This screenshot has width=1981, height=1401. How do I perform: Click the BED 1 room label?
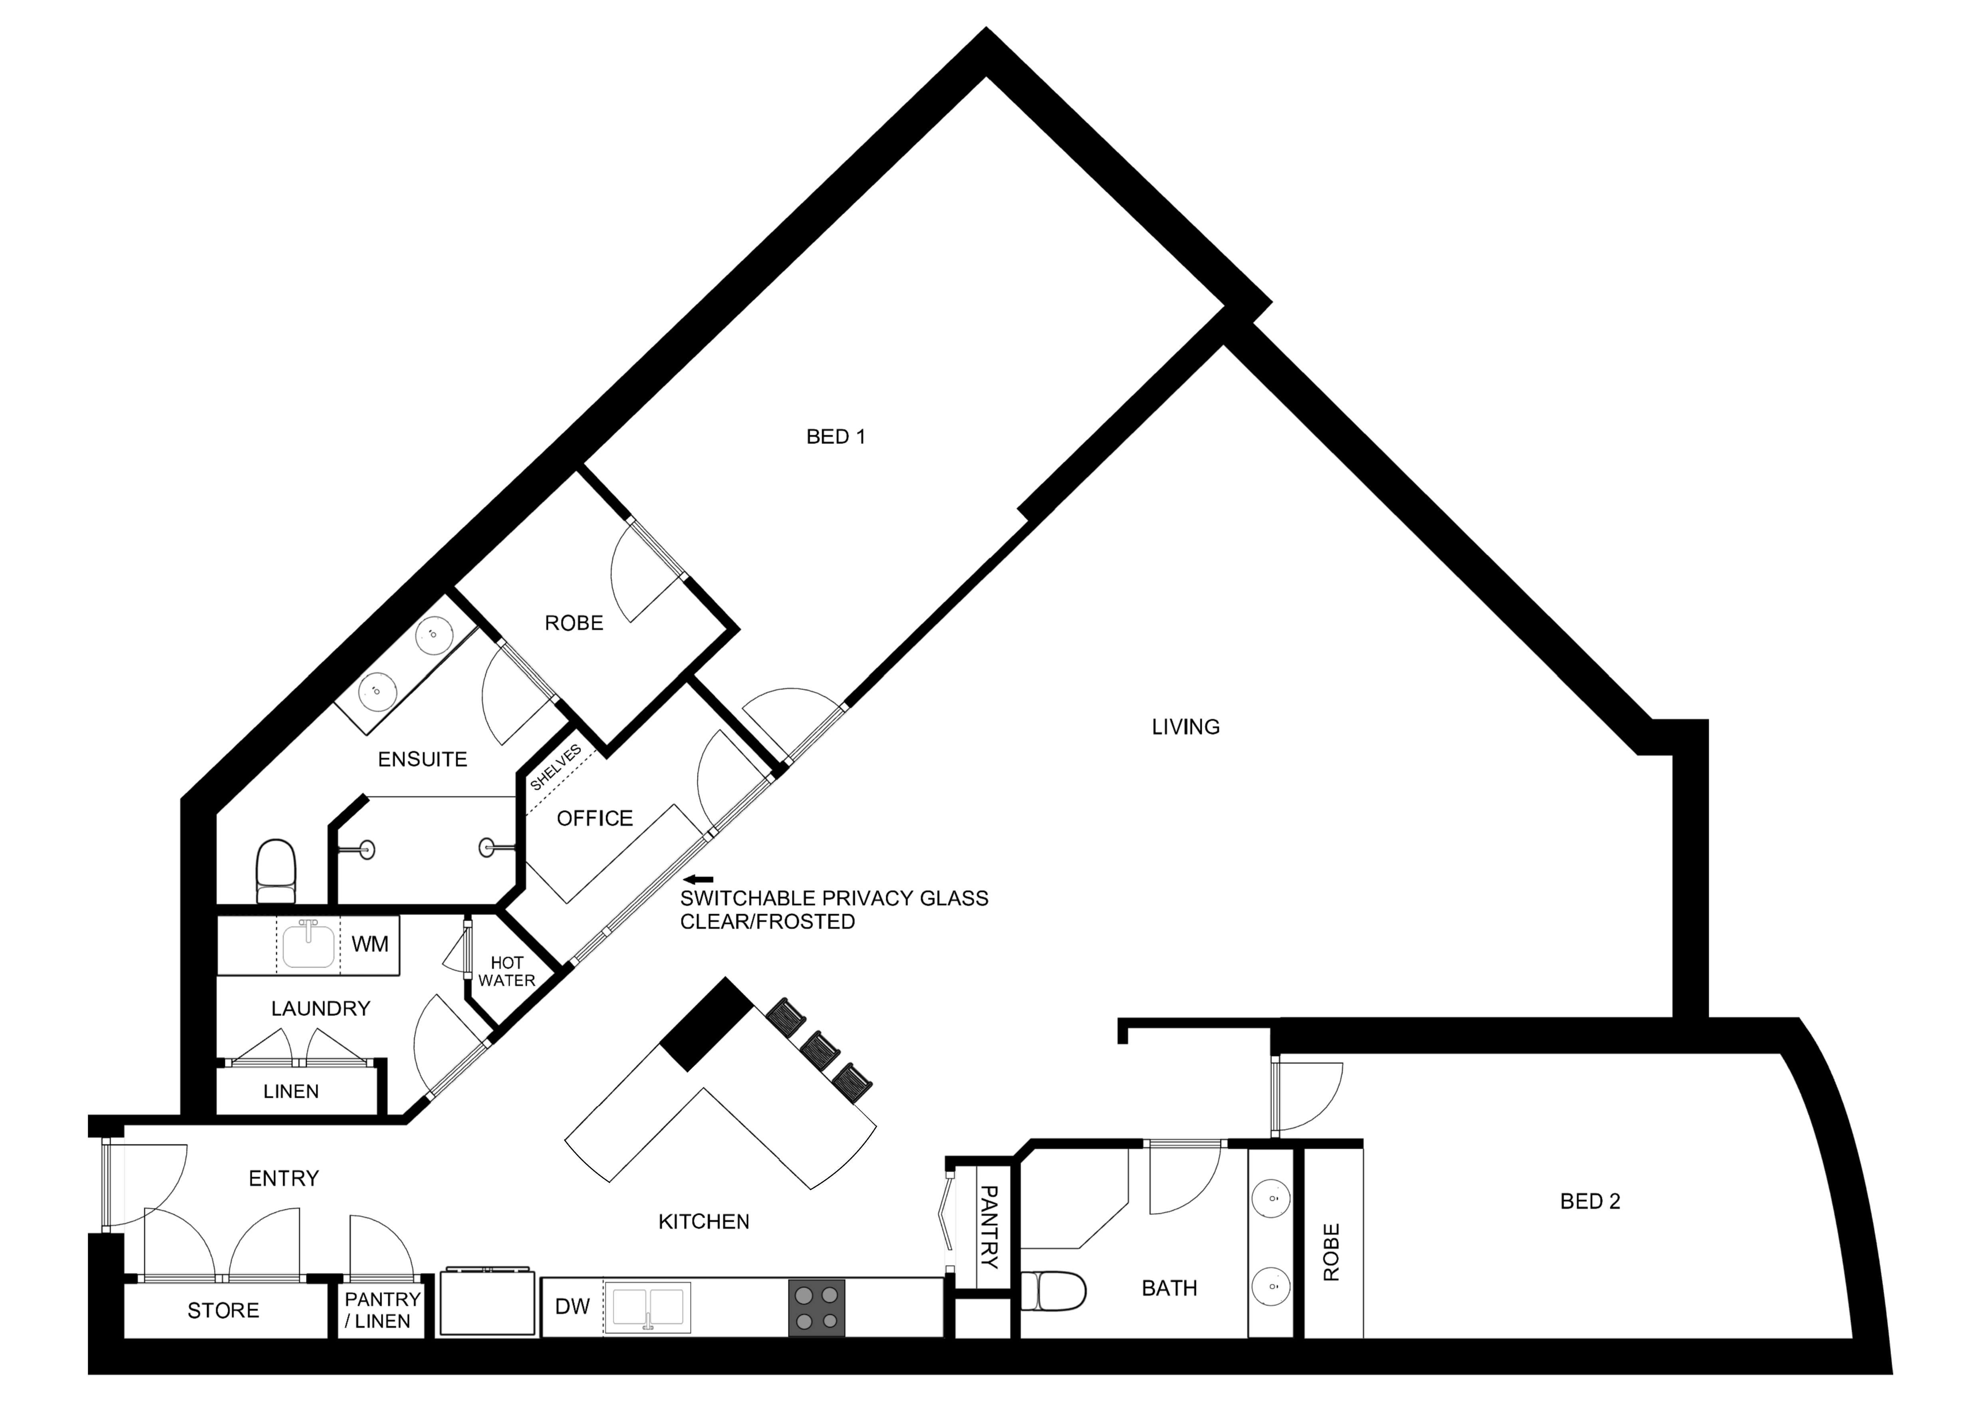coord(835,437)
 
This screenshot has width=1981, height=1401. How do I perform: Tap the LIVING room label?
coord(1185,727)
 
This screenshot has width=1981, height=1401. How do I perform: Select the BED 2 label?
coord(1590,1202)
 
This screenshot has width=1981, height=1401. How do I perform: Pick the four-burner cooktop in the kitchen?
coord(816,1308)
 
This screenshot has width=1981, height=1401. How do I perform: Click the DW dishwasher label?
coord(572,1307)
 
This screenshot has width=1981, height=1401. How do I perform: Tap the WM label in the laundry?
coord(370,945)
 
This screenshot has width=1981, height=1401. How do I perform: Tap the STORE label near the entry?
coord(224,1311)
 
